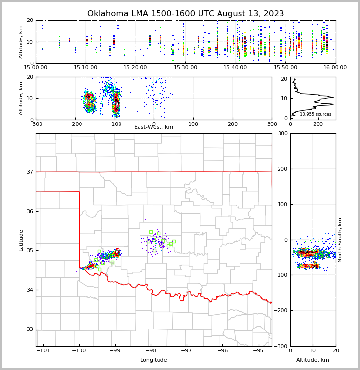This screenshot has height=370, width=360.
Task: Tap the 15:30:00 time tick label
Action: (x=185, y=68)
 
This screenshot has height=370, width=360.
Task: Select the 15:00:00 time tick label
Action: (x=36, y=68)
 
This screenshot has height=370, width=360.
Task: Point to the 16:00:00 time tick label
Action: (x=335, y=68)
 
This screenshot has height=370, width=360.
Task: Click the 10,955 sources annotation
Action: (x=316, y=114)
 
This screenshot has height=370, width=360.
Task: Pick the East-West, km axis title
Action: (x=154, y=127)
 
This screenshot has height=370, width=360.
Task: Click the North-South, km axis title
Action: (x=340, y=240)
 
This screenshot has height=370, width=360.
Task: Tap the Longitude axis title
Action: (x=154, y=360)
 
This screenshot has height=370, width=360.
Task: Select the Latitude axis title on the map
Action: (x=21, y=240)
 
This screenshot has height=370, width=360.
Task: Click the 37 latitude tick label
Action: (x=29, y=172)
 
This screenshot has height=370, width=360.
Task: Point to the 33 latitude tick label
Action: (x=29, y=329)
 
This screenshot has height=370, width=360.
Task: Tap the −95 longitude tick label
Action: (x=258, y=351)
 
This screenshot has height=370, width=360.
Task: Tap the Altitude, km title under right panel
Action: (x=313, y=360)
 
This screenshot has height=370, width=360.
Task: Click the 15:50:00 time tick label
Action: (x=285, y=68)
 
